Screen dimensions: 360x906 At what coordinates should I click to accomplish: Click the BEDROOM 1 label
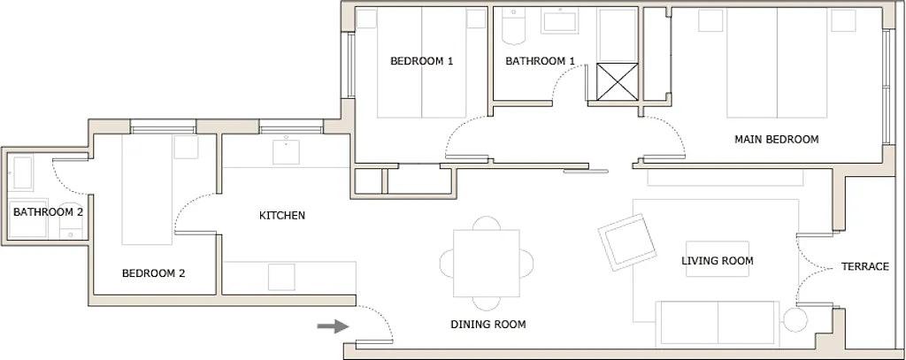pyautogui.click(x=422, y=61)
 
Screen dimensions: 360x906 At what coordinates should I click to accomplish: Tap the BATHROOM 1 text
pyautogui.click(x=541, y=61)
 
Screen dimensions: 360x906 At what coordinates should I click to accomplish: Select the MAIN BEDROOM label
pyautogui.click(x=777, y=139)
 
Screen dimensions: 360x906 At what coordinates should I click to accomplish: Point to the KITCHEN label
pyautogui.click(x=282, y=215)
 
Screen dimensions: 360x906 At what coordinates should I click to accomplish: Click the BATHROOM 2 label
pyautogui.click(x=48, y=212)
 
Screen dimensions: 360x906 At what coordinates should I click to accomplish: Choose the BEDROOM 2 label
pyautogui.click(x=153, y=273)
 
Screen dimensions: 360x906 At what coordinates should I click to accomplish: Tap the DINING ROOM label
pyautogui.click(x=488, y=325)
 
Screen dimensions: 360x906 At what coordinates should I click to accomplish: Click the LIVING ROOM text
pyautogui.click(x=718, y=261)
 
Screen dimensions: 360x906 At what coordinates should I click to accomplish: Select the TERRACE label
pyautogui.click(x=864, y=266)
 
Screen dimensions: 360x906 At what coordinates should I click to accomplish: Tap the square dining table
pyautogui.click(x=487, y=263)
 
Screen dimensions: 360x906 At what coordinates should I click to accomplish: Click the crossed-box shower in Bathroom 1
pyautogui.click(x=616, y=81)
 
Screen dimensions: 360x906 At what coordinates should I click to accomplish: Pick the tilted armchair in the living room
pyautogui.click(x=627, y=241)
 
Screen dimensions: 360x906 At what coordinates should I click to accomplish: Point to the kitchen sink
pyautogui.click(x=288, y=153)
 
